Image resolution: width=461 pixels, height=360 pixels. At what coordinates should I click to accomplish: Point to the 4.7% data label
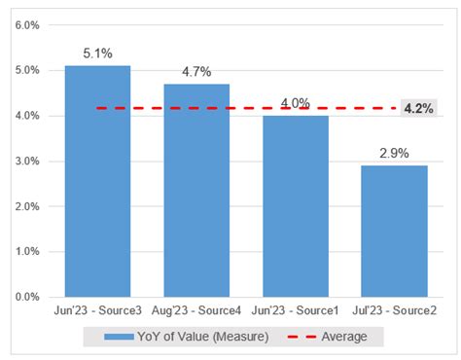pos(196,72)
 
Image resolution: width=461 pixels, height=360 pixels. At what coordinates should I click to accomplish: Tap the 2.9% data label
pos(394,154)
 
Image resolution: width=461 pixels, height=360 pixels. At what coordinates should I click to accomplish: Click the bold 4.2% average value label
pos(418,108)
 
